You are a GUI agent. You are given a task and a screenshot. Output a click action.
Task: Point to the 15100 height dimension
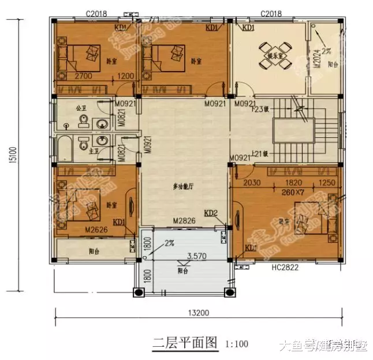pyautogui.click(x=12, y=156)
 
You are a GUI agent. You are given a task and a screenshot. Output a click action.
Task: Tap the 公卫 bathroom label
pyautogui.click(x=80, y=107)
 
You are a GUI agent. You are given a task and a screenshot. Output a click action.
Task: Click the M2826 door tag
pyautogui.click(x=184, y=221)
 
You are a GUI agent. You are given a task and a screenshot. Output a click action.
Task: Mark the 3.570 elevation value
pyautogui.click(x=197, y=256)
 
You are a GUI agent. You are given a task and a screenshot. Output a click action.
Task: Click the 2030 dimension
pyautogui.click(x=252, y=183)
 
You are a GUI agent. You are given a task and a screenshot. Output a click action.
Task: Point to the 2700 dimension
pyautogui.click(x=84, y=76)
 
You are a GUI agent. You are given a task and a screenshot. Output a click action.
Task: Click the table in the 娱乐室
pyautogui.click(x=269, y=49)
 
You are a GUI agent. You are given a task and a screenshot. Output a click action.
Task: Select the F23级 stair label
pyautogui.click(x=259, y=109)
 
